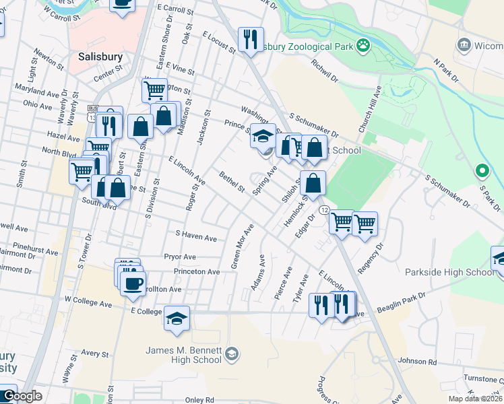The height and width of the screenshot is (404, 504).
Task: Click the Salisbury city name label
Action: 100,57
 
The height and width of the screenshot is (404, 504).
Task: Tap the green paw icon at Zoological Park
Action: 364,45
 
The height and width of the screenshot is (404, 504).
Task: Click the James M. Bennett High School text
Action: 183,354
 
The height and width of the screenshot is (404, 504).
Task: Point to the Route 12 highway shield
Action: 323,211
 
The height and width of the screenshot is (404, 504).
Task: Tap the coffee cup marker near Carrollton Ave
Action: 133,282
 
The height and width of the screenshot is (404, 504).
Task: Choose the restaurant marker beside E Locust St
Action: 251,39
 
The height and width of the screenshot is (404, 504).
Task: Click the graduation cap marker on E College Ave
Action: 177,318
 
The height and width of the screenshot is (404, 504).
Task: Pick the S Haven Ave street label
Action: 195,237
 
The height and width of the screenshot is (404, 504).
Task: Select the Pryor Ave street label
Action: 179,257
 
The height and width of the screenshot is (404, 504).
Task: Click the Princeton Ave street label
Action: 197,271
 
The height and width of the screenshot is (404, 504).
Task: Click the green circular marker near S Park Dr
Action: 481,171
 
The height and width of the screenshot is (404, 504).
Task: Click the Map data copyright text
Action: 475,399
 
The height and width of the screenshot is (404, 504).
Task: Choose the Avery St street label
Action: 95,353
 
